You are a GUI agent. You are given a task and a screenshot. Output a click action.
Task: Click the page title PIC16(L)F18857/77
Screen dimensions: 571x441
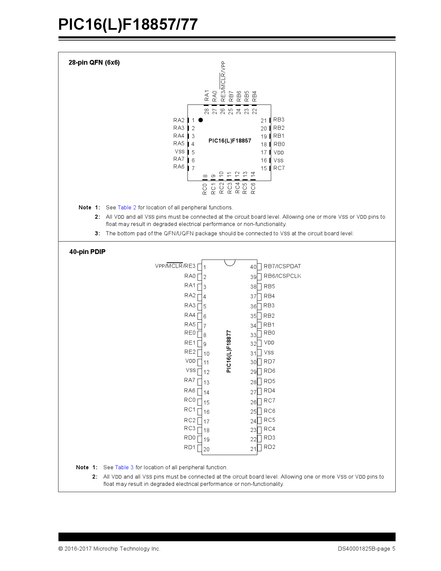[128, 25]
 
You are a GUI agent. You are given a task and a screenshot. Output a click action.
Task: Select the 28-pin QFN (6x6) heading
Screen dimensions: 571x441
[94, 63]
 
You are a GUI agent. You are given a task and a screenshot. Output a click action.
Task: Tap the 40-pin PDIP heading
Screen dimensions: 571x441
[87, 252]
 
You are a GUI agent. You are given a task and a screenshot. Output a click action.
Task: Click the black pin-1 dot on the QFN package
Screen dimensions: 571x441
[201, 120]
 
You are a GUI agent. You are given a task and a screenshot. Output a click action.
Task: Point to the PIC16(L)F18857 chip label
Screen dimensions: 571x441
[230, 141]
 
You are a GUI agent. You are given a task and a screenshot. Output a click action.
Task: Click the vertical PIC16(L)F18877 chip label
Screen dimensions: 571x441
[229, 351]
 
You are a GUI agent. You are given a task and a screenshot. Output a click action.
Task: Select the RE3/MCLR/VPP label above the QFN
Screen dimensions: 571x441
[223, 81]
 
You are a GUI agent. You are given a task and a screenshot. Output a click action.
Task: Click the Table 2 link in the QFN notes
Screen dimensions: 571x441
[127, 208]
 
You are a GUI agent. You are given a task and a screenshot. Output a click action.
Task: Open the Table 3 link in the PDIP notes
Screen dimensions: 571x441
[124, 468]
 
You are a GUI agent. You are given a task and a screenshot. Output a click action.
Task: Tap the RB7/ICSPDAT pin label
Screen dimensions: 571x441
[282, 266]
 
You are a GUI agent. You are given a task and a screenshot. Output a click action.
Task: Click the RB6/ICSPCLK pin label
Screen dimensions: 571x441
[282, 276]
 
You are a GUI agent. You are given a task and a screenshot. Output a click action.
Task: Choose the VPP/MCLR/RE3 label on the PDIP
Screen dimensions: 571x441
[175, 266]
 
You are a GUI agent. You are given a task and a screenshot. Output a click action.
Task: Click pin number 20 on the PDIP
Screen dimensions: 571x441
[206, 449]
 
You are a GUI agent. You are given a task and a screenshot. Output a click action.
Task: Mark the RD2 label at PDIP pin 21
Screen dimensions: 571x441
[269, 447]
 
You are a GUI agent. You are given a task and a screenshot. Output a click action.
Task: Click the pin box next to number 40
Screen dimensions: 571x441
[259, 267]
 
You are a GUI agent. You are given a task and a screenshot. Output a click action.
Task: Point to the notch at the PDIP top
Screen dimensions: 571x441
[230, 262]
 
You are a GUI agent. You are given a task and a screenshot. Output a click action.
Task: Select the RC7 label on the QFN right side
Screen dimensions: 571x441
[279, 168]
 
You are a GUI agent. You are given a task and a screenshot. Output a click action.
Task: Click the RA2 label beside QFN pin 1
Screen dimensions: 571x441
[179, 120]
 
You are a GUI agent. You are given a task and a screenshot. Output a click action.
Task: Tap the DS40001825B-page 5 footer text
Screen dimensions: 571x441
[366, 549]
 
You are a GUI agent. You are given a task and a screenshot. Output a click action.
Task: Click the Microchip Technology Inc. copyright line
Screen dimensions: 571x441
[109, 549]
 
